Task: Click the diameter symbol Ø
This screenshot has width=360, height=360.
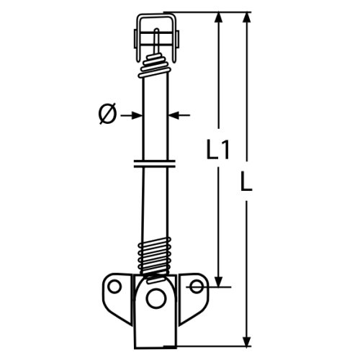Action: pos(106,114)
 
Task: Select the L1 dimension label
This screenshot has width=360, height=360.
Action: pos(217,150)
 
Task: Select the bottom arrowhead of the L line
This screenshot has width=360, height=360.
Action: pos(247,340)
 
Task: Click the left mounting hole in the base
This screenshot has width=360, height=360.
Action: pos(114,287)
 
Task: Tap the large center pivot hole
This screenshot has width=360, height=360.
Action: pos(153,296)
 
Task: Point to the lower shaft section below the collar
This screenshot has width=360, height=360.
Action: pos(153,205)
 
